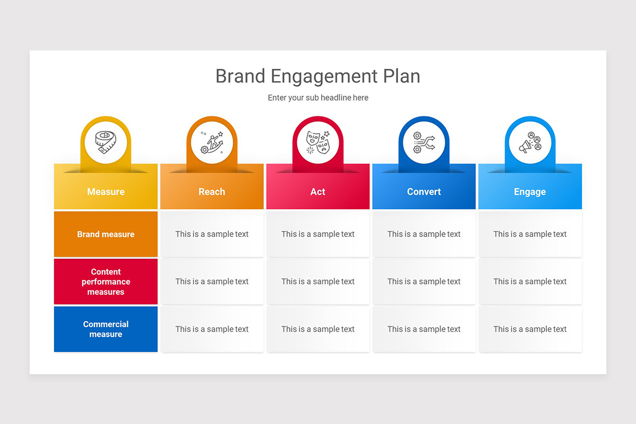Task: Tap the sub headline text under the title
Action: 318,98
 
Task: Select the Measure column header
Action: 106,192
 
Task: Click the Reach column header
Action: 212,192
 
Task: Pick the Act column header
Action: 318,192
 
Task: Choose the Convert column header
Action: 424,192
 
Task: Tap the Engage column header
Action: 530,192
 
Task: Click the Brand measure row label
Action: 106,234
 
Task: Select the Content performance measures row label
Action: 106,281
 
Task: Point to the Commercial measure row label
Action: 106,329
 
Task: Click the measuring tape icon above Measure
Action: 106,142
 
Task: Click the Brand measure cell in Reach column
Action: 212,234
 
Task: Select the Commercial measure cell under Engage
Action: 530,329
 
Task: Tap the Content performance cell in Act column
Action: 318,281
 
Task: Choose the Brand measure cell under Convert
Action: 424,234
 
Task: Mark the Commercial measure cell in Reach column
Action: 212,329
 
